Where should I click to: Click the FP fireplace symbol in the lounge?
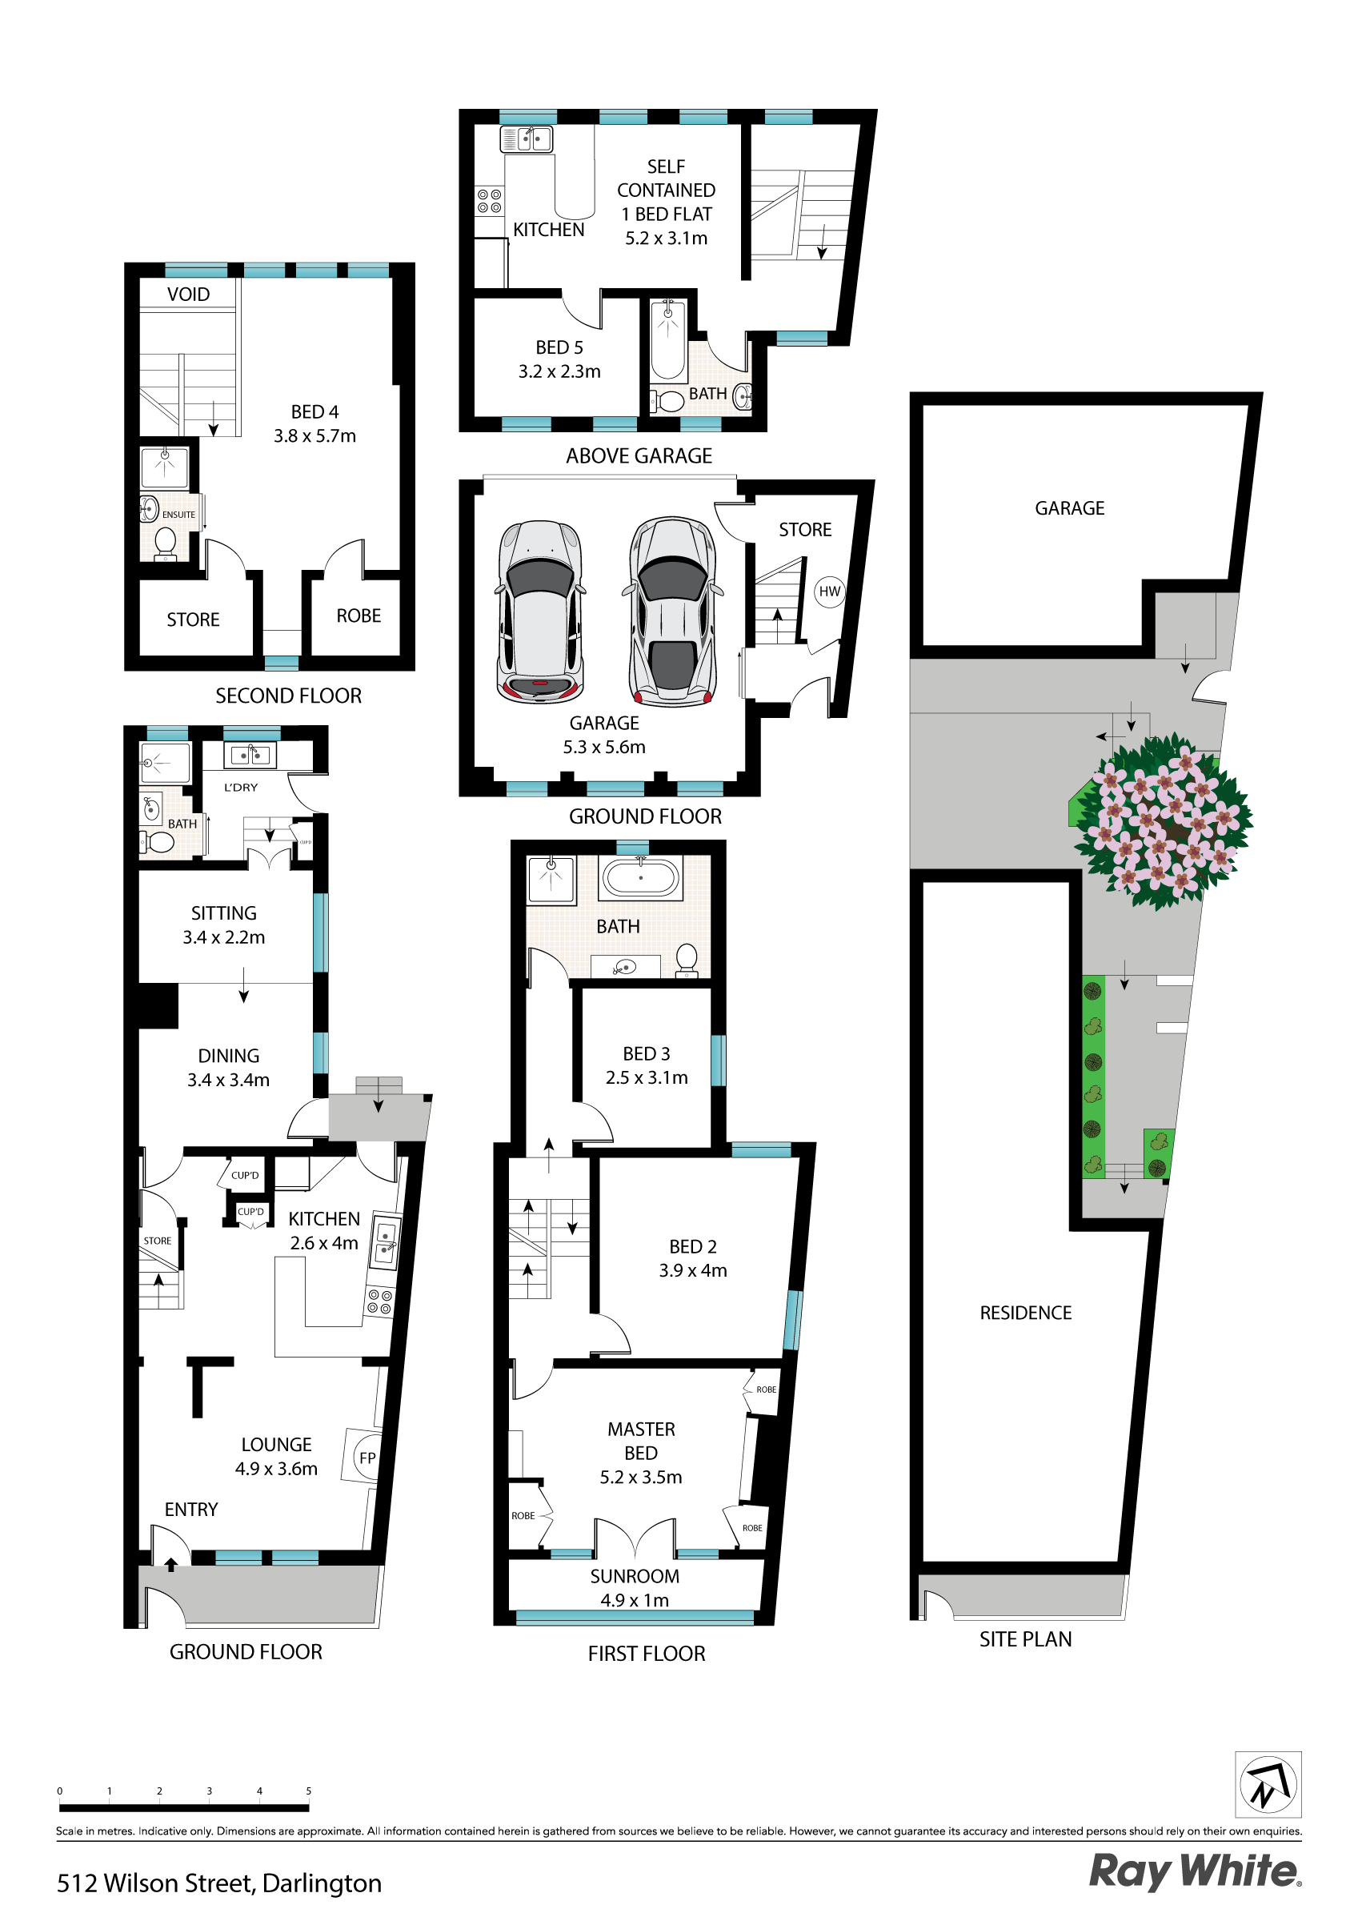click(367, 1458)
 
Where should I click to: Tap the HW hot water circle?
click(829, 592)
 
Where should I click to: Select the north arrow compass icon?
click(1268, 1785)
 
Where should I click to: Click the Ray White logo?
click(1194, 1871)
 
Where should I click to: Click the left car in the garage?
click(539, 611)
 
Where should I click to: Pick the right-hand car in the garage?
click(673, 611)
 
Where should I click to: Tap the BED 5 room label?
click(559, 347)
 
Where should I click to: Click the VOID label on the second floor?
click(188, 295)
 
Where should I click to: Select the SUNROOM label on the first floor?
click(635, 1576)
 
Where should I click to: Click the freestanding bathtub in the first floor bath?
click(641, 879)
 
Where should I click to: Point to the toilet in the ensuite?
click(165, 542)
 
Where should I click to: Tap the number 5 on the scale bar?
click(309, 1791)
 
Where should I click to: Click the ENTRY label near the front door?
click(190, 1510)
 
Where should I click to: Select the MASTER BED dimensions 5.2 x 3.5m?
click(640, 1477)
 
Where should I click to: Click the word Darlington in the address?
click(322, 1883)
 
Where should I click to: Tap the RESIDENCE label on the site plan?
click(1025, 1313)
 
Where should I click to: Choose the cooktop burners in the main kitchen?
click(379, 1301)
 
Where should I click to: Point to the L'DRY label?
click(241, 788)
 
